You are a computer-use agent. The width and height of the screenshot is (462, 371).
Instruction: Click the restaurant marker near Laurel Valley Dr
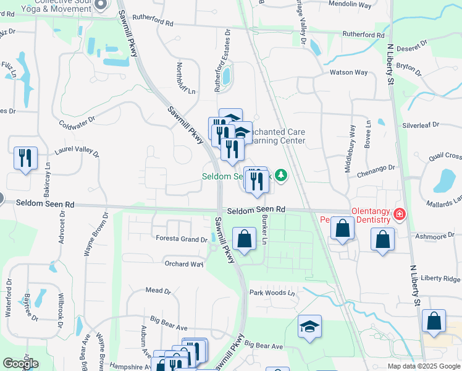tap(25, 158)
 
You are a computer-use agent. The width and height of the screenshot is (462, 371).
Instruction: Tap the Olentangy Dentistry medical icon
tap(400, 215)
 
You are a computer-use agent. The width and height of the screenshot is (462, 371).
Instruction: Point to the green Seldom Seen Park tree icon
tap(282, 176)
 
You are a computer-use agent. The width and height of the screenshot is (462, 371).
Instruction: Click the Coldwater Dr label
tap(78, 119)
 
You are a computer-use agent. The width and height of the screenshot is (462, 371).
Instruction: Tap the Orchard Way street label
tap(183, 264)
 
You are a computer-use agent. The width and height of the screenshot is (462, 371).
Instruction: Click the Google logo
tap(20, 364)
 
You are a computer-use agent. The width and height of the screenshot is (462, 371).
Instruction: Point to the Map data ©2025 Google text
tap(424, 366)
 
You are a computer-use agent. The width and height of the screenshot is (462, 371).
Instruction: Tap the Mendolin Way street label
tap(350, 4)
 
